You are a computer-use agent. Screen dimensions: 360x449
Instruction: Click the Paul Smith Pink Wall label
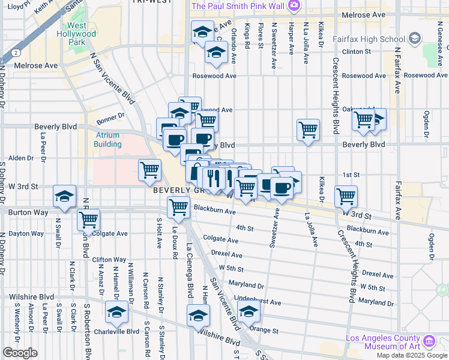point(238,6)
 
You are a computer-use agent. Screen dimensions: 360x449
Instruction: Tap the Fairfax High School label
point(375,40)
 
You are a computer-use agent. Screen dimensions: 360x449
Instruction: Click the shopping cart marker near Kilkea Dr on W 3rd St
point(346,196)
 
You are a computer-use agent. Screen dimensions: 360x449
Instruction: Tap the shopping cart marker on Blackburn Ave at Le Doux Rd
point(178,207)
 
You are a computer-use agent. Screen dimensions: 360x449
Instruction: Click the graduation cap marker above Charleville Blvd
point(116,312)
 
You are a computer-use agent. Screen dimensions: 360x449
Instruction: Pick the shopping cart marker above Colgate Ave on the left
point(89,220)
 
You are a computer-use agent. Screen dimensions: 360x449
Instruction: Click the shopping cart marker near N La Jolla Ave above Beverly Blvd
point(308,129)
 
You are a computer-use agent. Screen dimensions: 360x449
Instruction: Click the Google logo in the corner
point(19,353)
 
